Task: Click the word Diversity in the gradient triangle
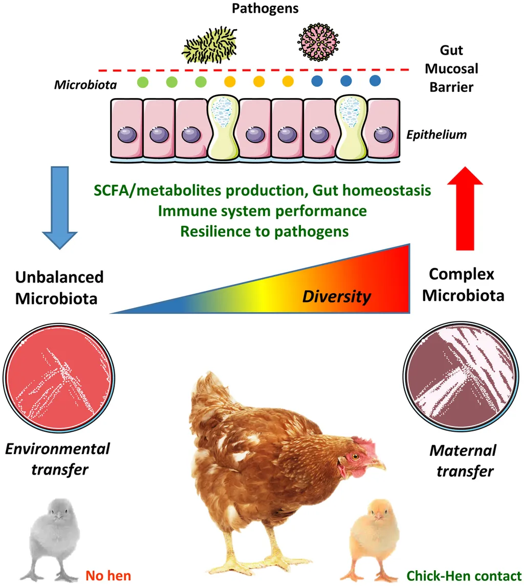tap(336, 296)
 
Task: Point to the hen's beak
tap(378, 465)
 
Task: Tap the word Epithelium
tap(436, 135)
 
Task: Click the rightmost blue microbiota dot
tap(375, 80)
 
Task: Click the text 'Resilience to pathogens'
tap(264, 230)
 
